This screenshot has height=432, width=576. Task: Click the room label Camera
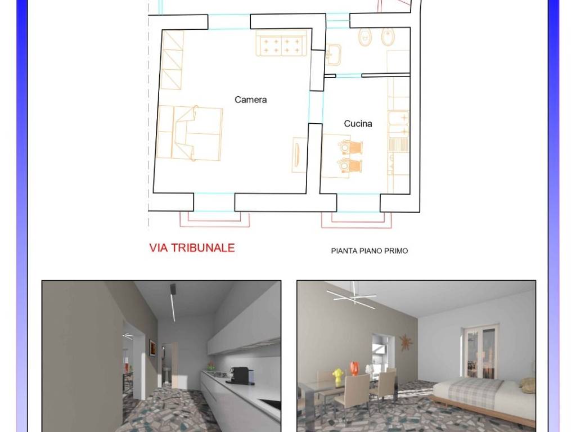250,100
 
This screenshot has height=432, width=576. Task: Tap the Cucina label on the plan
358,124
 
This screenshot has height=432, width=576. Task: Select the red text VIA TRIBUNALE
192,247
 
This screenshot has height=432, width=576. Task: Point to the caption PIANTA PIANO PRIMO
369,251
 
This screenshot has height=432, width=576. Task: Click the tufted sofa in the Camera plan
281,43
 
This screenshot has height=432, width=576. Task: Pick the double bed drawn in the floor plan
190,133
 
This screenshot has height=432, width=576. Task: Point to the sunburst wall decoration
406,343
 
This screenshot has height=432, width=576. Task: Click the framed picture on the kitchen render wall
152,347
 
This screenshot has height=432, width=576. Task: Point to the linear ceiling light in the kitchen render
173,302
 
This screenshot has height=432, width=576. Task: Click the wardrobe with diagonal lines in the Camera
172,60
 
